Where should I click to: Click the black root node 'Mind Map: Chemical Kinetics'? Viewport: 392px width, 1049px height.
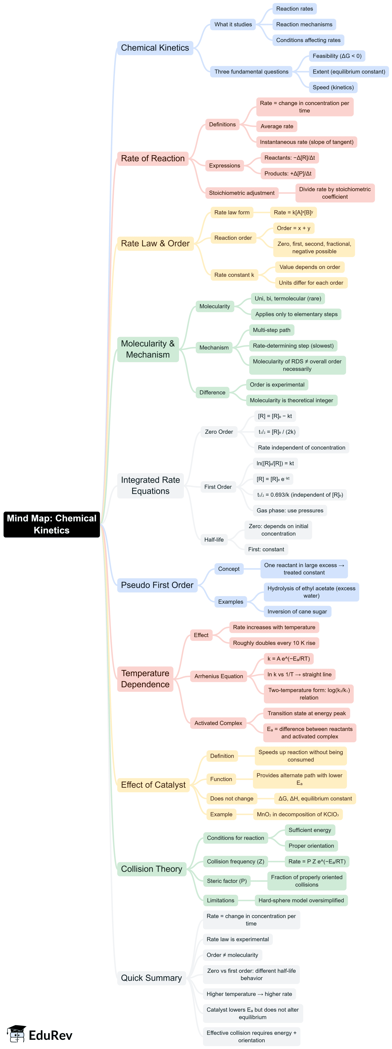tap(52, 524)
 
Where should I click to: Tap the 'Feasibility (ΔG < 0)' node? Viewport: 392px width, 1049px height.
tap(337, 56)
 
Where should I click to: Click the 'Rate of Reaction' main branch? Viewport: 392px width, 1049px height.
tap(153, 158)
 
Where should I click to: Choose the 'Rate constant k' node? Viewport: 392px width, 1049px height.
tap(234, 275)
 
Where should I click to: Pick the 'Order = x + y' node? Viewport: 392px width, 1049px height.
tap(294, 228)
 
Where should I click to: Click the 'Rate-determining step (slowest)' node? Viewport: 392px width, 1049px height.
tap(293, 346)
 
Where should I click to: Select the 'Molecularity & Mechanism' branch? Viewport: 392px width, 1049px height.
tap(148, 349)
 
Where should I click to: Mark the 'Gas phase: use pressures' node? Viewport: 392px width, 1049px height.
tap(290, 510)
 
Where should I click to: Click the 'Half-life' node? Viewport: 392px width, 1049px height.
tap(214, 540)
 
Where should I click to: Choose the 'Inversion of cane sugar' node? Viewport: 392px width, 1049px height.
tap(297, 611)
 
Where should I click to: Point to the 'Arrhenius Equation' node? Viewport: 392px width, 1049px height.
tap(219, 676)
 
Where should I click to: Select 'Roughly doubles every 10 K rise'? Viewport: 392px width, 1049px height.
tap(274, 643)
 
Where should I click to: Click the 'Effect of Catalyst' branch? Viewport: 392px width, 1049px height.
tap(153, 785)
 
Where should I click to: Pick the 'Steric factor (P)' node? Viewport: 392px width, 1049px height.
tap(227, 881)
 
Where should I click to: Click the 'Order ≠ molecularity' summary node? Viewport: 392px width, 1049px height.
tap(232, 955)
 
